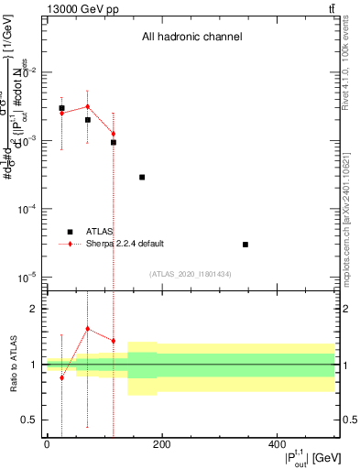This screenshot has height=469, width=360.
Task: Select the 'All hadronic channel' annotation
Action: (x=191, y=38)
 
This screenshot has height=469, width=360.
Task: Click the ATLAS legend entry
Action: (x=100, y=232)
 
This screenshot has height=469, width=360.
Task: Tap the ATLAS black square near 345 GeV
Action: (x=245, y=245)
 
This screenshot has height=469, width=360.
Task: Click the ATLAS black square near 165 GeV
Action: (x=142, y=177)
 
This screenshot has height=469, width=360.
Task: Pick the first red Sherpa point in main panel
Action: (x=61, y=113)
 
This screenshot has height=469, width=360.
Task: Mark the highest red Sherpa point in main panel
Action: (x=87, y=106)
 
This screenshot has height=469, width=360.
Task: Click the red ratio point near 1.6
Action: (x=87, y=329)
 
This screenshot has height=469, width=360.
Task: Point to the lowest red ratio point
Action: (x=61, y=377)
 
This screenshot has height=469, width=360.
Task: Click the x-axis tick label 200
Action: (x=161, y=445)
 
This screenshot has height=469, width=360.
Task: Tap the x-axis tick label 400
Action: (x=277, y=445)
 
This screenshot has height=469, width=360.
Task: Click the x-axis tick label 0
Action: (x=46, y=445)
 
